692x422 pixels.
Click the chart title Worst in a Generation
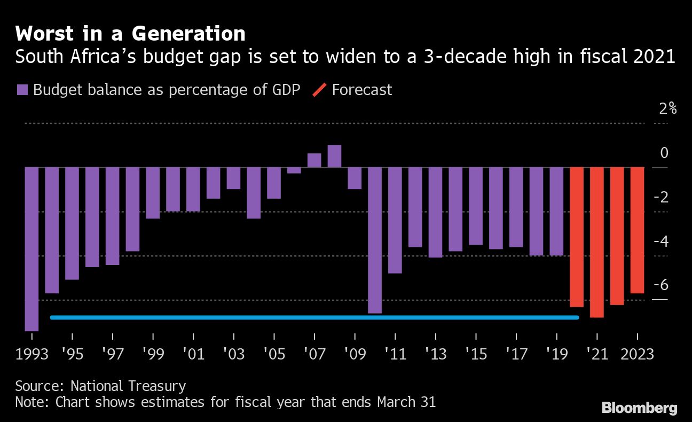[x=130, y=34]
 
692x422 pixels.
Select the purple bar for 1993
[x=32, y=248]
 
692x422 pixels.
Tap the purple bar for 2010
[x=375, y=240]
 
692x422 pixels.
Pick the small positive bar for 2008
[x=334, y=156]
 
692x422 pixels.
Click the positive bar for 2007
[x=314, y=160]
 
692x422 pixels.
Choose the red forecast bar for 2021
[x=597, y=242]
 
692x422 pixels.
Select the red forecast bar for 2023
[x=637, y=230]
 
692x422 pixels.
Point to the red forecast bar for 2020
[x=577, y=237]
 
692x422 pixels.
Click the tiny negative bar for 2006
[x=294, y=170]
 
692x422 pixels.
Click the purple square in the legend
[x=22, y=90]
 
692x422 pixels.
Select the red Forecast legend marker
[x=319, y=90]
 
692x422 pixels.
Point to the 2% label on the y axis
[x=667, y=109]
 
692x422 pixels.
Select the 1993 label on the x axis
[x=32, y=355]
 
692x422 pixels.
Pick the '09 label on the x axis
[x=355, y=355]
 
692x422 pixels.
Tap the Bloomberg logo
[x=639, y=408]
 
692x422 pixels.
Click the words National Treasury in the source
[x=128, y=386]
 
